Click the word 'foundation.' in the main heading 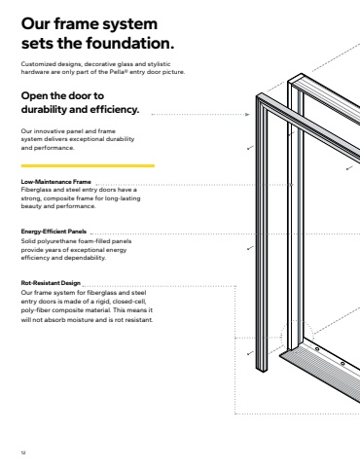130,43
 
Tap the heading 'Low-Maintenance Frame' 55,182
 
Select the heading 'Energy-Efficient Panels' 54,232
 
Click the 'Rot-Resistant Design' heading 51,283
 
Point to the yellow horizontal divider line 88,165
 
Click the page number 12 23,452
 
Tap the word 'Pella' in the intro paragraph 117,72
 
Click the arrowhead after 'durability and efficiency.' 247,114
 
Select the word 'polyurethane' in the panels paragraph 55,241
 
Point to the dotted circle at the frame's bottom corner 297,337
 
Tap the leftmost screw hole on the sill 317,349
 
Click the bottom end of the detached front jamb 262,371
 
